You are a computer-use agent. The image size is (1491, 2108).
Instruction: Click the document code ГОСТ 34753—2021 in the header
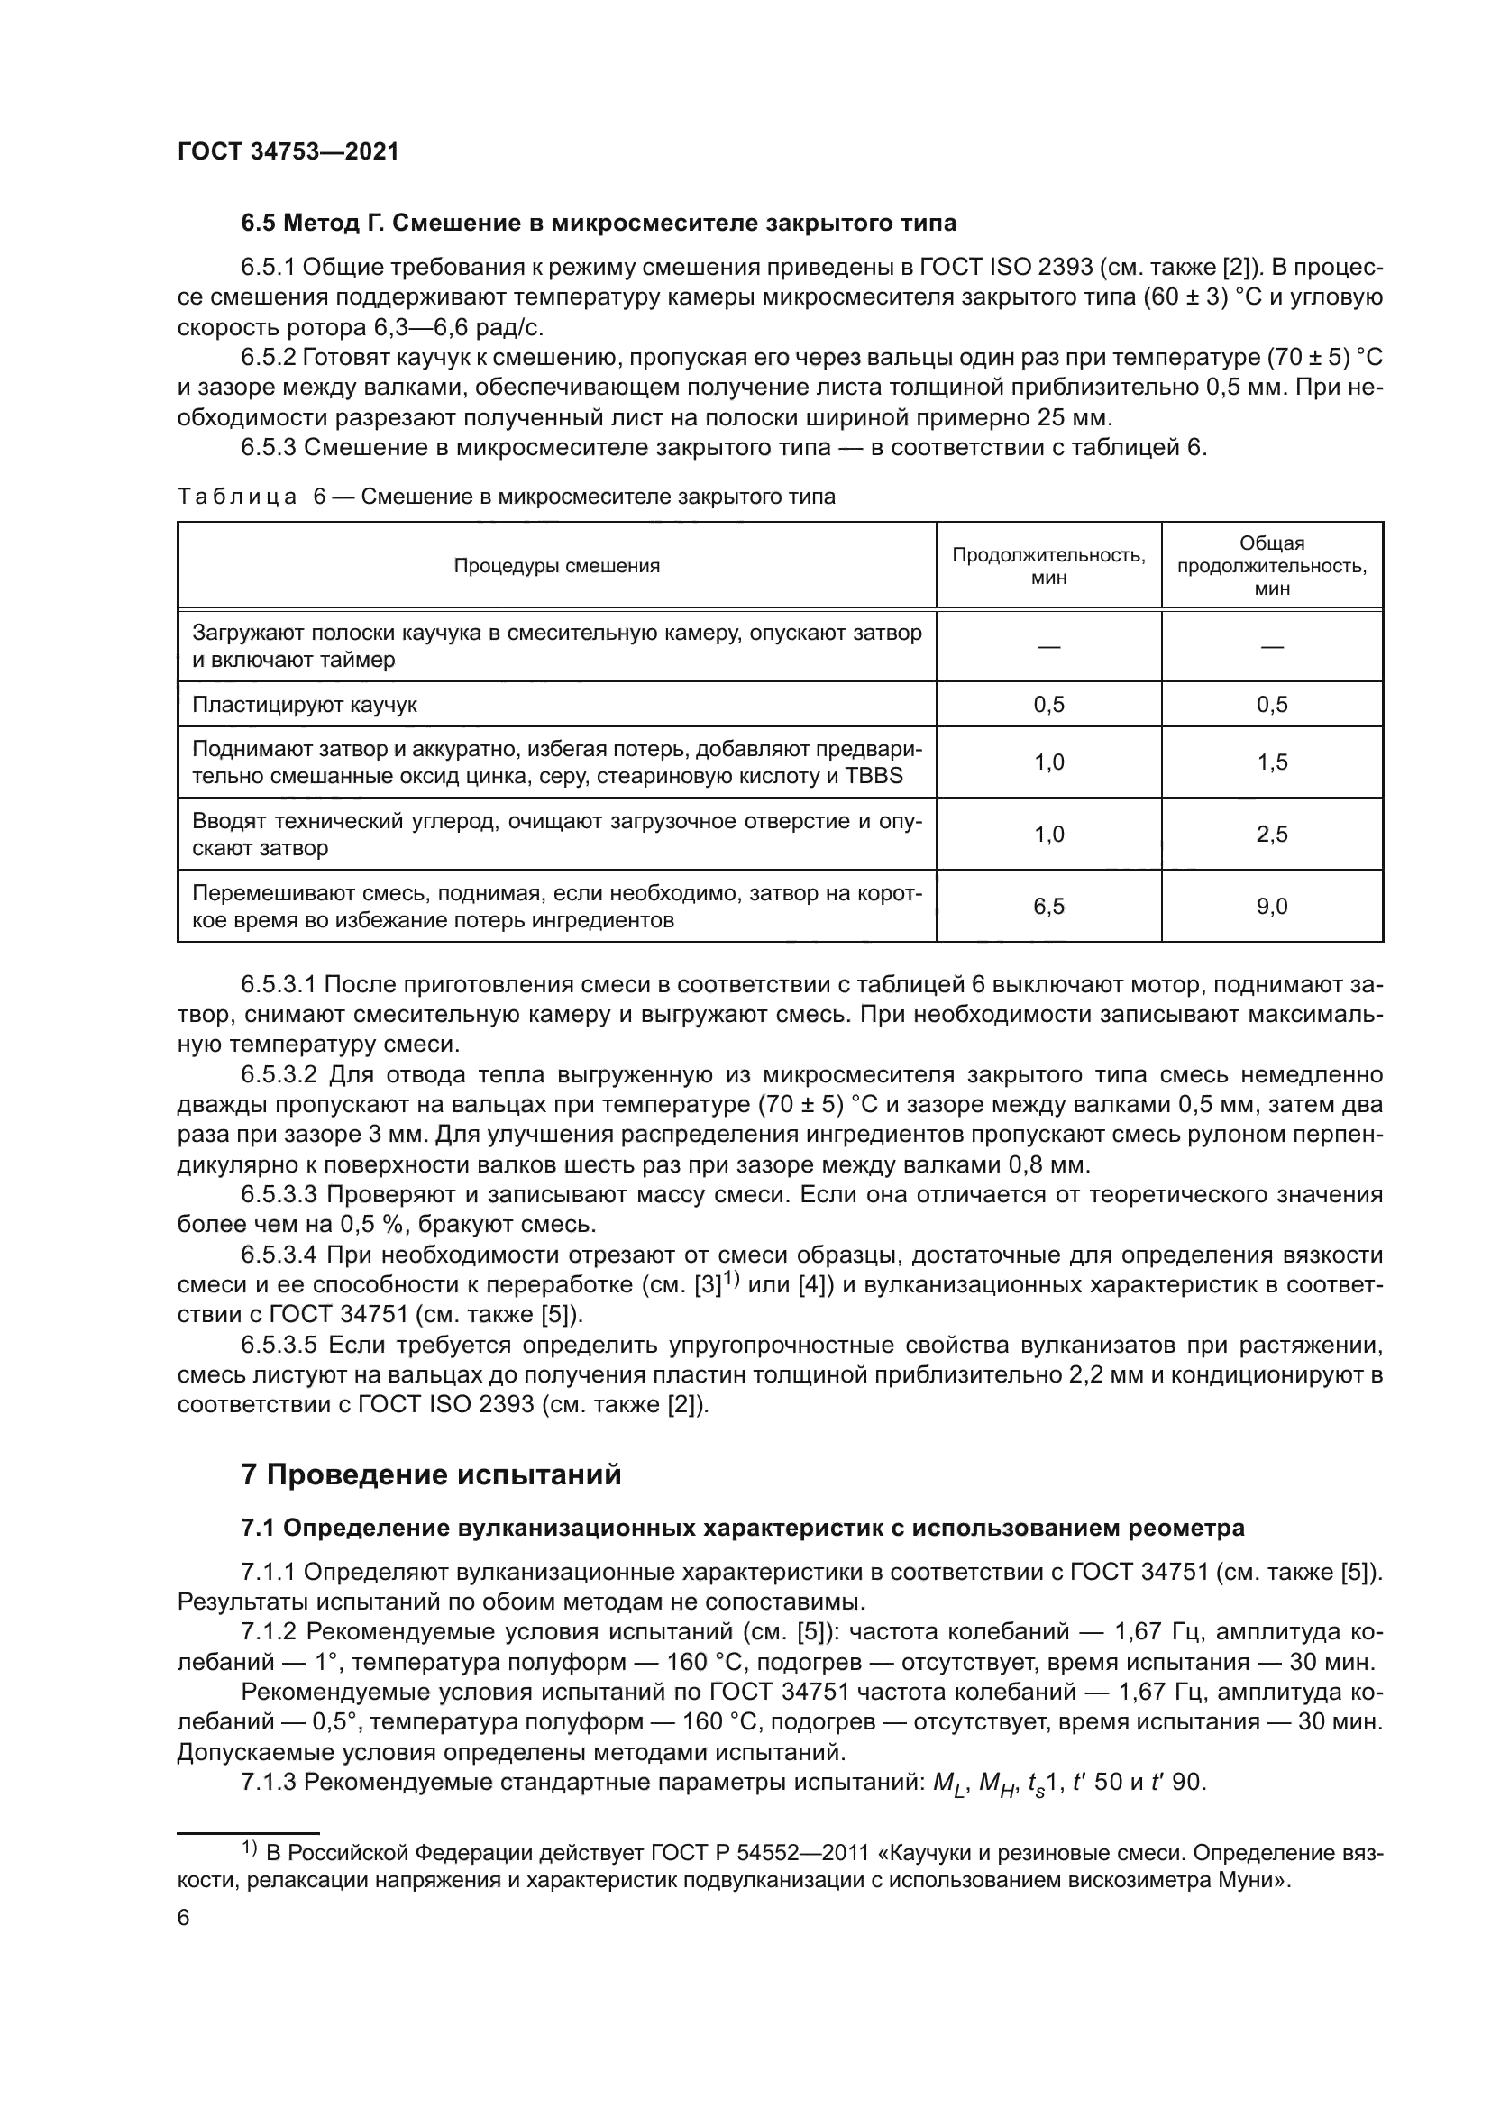click(288, 151)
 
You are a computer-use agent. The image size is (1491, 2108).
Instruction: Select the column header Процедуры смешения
click(556, 566)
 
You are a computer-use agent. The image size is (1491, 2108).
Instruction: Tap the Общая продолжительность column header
click(1272, 566)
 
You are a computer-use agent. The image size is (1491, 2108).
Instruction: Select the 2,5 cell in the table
click(1272, 835)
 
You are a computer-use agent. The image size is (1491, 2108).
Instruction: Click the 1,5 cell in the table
click(1272, 762)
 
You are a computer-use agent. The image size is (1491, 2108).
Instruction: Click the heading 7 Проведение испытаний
click(432, 1474)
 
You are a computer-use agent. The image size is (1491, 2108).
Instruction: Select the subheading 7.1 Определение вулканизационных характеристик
click(743, 1528)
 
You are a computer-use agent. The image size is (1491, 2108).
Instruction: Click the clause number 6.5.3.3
click(279, 1194)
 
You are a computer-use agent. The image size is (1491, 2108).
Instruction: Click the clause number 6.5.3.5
click(279, 1345)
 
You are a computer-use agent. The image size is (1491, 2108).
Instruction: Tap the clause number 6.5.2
click(267, 357)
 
